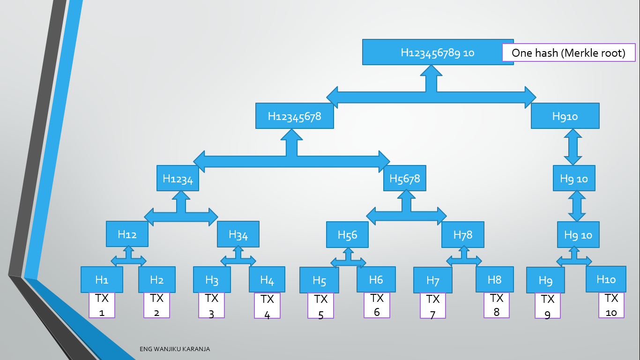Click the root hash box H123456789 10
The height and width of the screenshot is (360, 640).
[438, 52]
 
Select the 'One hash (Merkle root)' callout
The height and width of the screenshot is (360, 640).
[569, 52]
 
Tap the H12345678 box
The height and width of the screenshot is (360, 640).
[295, 116]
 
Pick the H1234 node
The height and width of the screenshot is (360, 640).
[178, 178]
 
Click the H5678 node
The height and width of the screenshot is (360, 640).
[405, 178]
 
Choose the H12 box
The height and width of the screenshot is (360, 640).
[127, 234]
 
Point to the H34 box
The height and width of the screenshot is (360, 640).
[238, 234]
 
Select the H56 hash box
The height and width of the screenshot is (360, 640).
[348, 234]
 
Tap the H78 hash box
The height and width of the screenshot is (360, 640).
[463, 234]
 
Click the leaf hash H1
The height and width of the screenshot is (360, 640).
[102, 280]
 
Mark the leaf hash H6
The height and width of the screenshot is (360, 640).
[376, 280]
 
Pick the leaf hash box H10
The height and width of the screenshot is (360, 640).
[606, 279]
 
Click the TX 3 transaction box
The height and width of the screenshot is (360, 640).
[211, 305]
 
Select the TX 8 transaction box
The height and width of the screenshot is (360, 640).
[497, 305]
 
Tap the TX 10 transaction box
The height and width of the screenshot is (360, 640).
[611, 305]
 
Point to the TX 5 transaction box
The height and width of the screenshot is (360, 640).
[320, 306]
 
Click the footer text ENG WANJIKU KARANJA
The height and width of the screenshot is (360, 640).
[175, 349]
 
